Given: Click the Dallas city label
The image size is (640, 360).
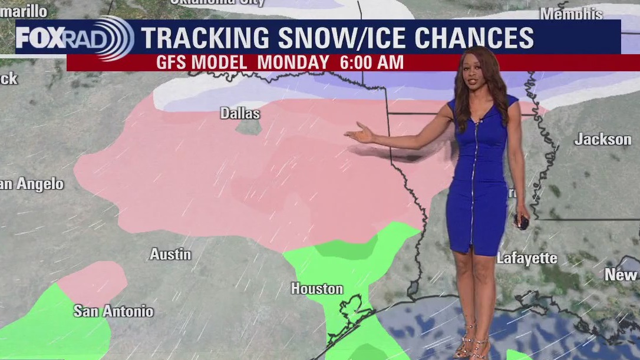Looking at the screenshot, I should click(x=240, y=113).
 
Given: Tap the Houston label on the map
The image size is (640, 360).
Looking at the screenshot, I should click(x=316, y=289).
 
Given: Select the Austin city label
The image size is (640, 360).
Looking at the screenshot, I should click(x=170, y=254).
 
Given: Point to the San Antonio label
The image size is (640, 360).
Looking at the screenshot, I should click(x=113, y=311).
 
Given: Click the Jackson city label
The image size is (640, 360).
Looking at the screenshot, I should click(x=602, y=140).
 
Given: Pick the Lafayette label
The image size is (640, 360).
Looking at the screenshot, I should click(x=527, y=258).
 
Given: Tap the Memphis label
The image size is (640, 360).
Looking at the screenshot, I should click(x=571, y=13).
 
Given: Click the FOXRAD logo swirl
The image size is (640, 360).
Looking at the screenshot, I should click(x=114, y=38).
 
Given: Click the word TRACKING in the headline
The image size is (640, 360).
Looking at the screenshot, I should click(x=206, y=38).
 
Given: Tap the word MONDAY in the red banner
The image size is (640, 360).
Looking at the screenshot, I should click(x=293, y=62).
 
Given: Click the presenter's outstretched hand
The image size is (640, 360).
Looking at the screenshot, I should click(x=359, y=134).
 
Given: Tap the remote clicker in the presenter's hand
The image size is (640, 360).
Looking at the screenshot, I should click(x=522, y=222).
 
